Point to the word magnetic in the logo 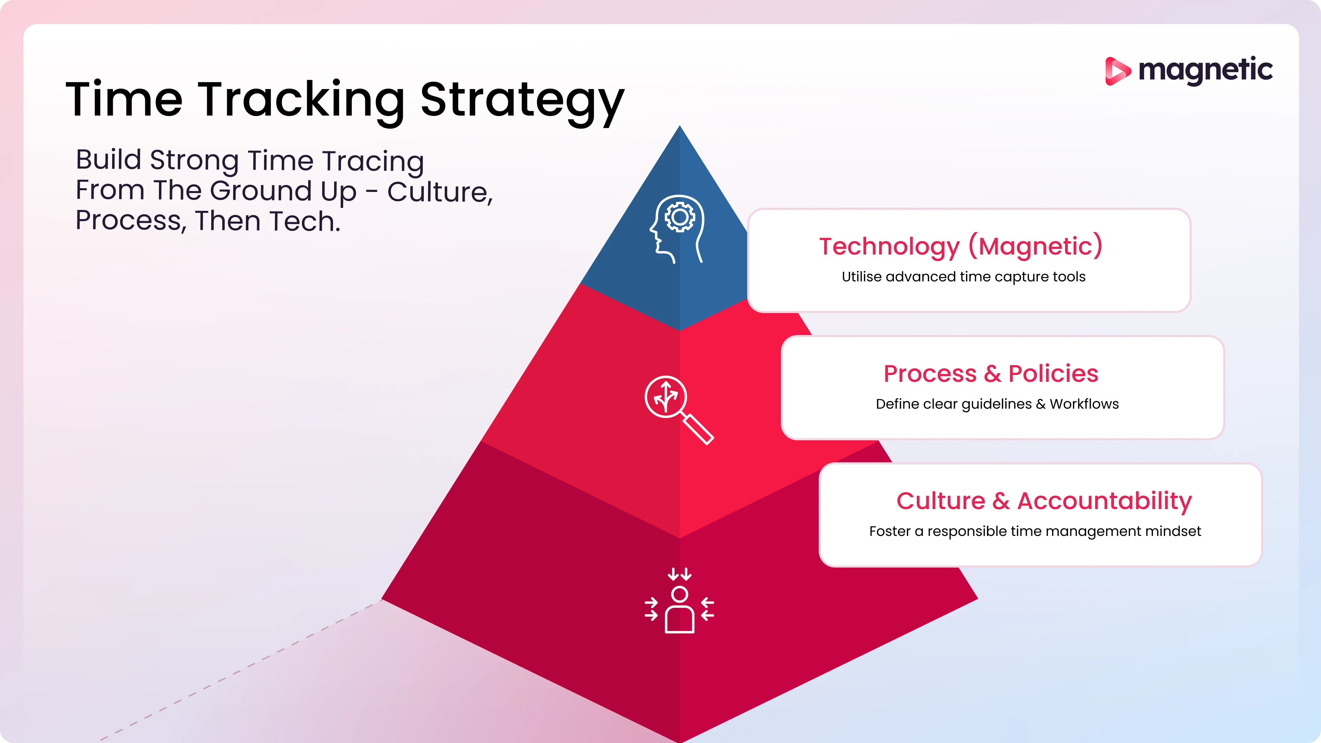[1205, 70]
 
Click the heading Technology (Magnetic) [960, 247]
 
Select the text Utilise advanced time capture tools [964, 277]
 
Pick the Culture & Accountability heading [1044, 501]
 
